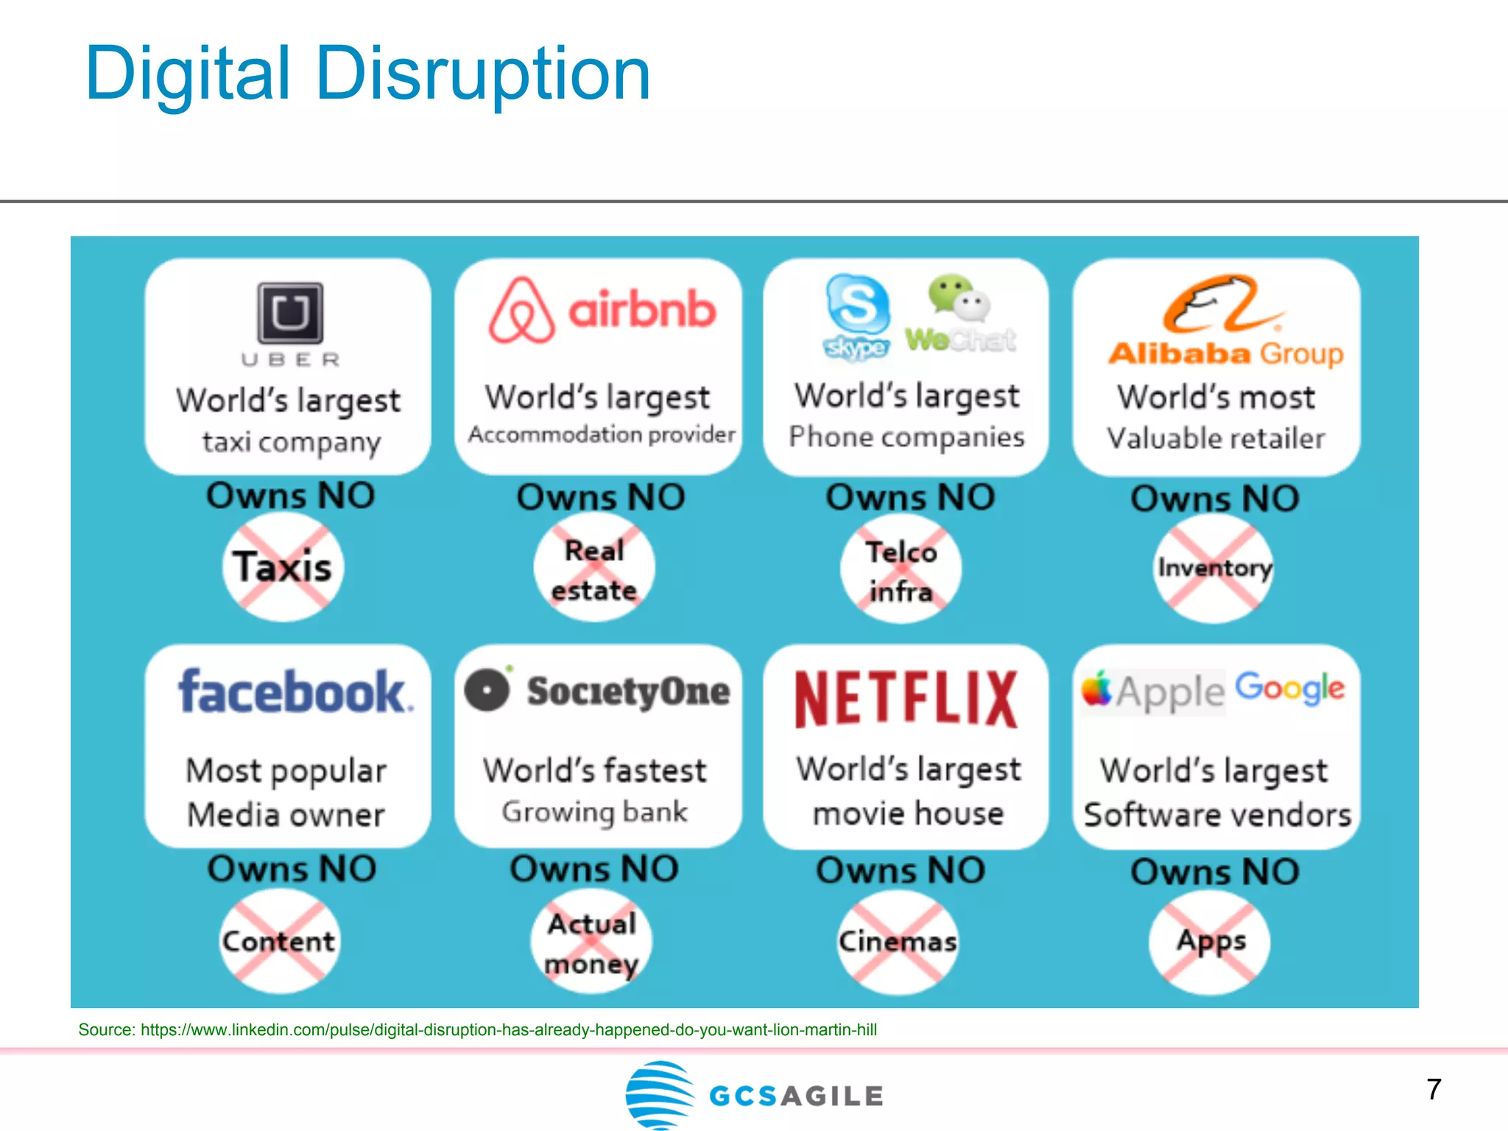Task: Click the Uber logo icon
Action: coord(290,313)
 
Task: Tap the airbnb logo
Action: coord(602,311)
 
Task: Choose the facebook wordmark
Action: coord(295,692)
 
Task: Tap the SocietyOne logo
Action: coord(597,691)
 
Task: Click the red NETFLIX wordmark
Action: coord(906,699)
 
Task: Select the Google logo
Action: coord(1290,688)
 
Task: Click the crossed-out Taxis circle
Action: coord(283,567)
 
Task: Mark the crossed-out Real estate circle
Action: coord(594,571)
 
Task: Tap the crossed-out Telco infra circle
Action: coord(901,571)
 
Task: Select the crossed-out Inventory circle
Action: coord(1214,568)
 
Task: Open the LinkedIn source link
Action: coord(508,1029)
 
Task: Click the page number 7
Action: coord(1434,1089)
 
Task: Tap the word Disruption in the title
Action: coord(483,74)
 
